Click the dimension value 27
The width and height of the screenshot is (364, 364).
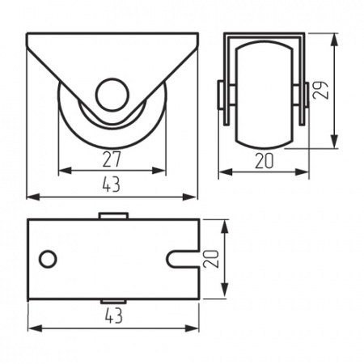pyautogui.click(x=112, y=159)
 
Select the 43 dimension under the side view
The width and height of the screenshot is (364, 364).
pyautogui.click(x=112, y=184)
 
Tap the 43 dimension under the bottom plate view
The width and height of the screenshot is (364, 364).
pyautogui.click(x=114, y=315)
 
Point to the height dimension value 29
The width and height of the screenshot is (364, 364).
pyautogui.click(x=320, y=91)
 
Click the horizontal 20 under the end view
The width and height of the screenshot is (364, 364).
pyautogui.click(x=265, y=161)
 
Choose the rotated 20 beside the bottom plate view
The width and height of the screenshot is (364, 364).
pyautogui.click(x=211, y=259)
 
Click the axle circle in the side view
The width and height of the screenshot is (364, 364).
pyautogui.click(x=112, y=95)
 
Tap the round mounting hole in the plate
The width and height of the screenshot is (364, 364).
pyautogui.click(x=48, y=260)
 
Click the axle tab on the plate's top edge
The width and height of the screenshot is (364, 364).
pyautogui.click(x=113, y=216)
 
